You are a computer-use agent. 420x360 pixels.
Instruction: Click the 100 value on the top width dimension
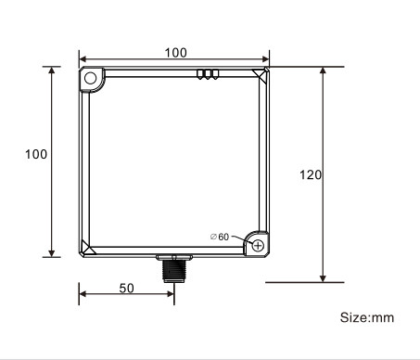(x=175, y=52)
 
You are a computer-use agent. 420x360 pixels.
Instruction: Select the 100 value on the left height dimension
(x=36, y=154)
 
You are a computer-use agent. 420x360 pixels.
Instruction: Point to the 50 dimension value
(x=126, y=288)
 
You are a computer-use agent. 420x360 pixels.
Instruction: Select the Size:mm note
(x=366, y=317)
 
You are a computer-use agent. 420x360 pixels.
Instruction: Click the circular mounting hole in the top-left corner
(x=91, y=79)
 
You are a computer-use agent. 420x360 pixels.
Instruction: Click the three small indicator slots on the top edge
(x=207, y=73)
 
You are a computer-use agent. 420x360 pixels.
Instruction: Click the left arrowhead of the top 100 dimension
(x=83, y=58)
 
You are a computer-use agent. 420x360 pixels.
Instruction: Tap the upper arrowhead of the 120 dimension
(x=323, y=71)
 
